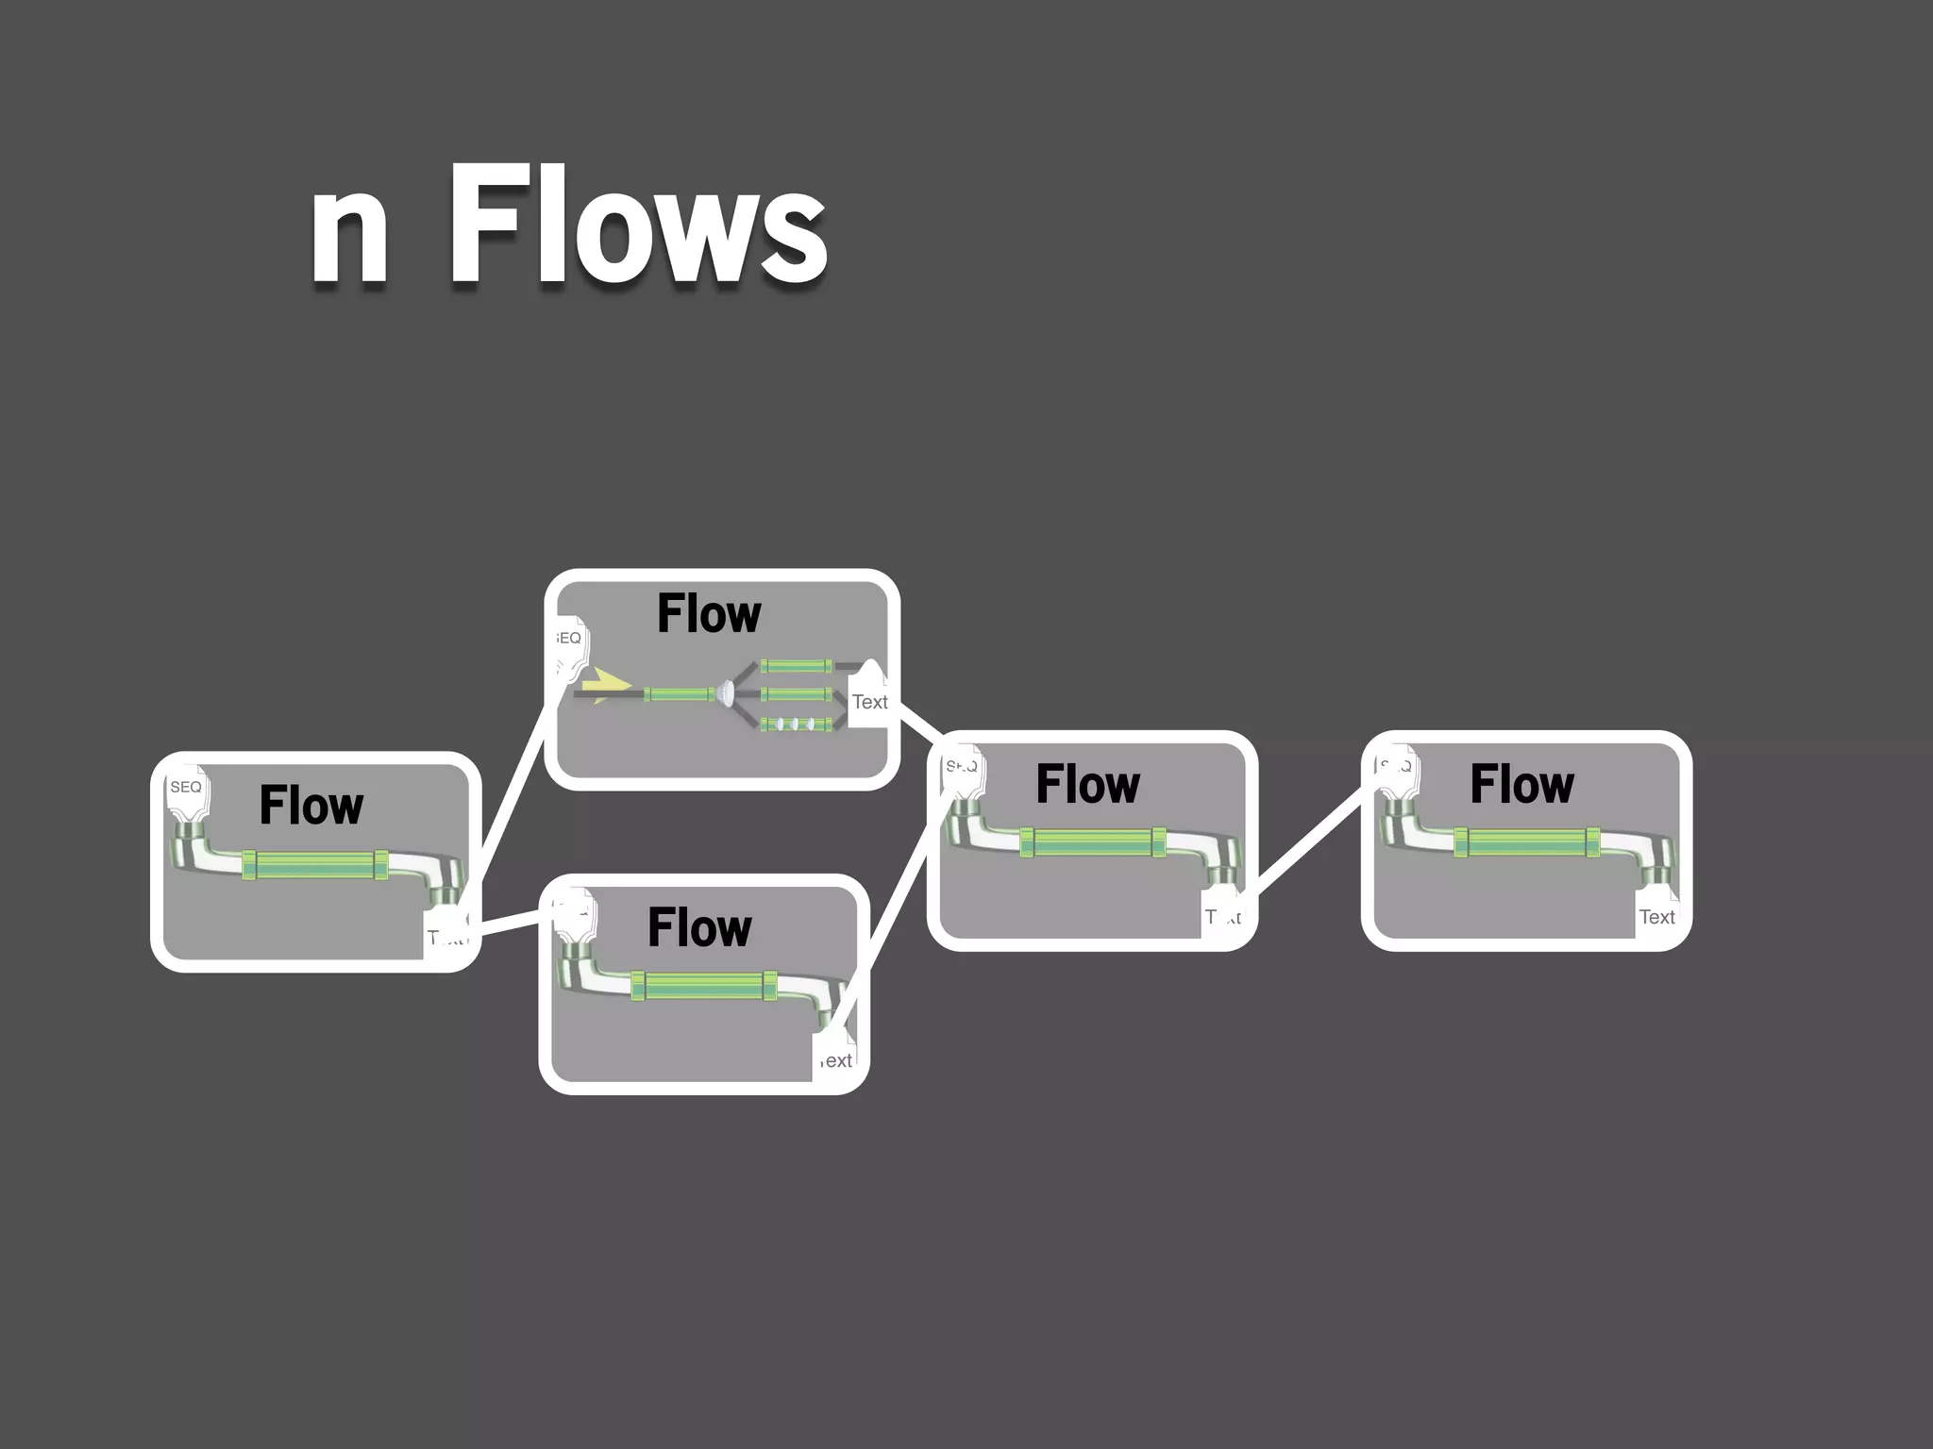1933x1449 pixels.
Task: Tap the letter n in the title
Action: click(x=348, y=233)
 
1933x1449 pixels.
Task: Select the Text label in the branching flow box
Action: click(x=869, y=702)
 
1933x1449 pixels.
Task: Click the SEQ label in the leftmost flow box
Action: click(x=186, y=787)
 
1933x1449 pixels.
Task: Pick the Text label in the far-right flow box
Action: click(x=1656, y=917)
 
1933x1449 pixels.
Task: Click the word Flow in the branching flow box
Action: click(x=709, y=614)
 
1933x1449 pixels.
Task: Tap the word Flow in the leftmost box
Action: click(x=311, y=806)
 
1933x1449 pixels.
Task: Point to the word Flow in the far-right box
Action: click(x=1521, y=784)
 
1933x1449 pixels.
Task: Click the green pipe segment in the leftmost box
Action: click(x=315, y=865)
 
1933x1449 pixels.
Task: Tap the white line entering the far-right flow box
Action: click(x=1307, y=842)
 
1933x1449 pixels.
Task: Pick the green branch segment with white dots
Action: click(x=797, y=724)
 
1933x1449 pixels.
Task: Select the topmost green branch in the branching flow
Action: click(x=797, y=666)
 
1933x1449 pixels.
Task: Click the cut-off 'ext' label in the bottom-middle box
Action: click(x=836, y=1060)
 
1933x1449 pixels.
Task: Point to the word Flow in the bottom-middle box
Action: click(x=699, y=927)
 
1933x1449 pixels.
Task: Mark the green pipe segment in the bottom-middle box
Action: click(x=703, y=987)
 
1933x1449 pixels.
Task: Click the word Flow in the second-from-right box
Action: click(x=1087, y=784)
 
